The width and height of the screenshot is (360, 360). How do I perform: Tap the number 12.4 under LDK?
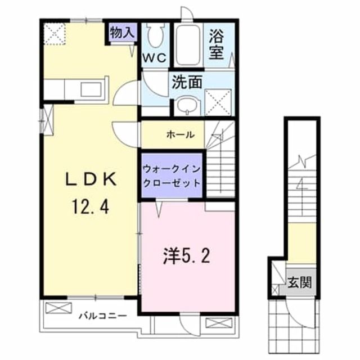point(89,209)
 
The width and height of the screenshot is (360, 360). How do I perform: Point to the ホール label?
point(181,135)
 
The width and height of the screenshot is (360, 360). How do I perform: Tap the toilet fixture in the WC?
point(154,37)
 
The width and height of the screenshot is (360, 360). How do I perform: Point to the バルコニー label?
point(102,315)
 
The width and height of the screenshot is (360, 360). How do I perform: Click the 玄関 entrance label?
point(299,281)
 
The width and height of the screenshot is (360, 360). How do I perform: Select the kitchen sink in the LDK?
point(92,89)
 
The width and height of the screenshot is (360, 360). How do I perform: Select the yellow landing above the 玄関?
point(303,242)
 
